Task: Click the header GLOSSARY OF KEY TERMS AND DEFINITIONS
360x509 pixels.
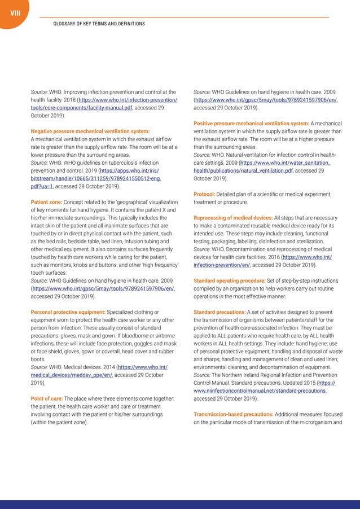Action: tap(99, 24)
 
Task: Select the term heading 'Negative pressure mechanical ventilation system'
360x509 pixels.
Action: tap(90, 131)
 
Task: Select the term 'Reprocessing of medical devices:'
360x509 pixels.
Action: tap(233, 217)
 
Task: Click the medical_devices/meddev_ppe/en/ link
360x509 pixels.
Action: tap(72, 374)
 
